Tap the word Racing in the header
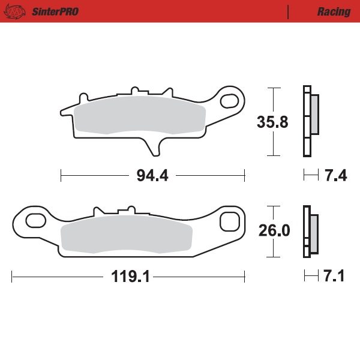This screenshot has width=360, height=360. coord(334,11)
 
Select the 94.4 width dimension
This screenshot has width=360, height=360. coord(152,176)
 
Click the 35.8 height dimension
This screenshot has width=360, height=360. coord(272,122)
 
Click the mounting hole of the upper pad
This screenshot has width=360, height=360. coord(229,99)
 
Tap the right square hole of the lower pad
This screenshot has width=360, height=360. coord(229,221)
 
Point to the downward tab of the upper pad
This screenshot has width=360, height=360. coord(151,146)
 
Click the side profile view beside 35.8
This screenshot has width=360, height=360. coord(310,122)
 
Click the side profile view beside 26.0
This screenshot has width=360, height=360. coord(311,231)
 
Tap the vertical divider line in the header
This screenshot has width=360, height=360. coord(289,11)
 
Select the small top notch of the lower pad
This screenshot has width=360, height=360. coord(125,210)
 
